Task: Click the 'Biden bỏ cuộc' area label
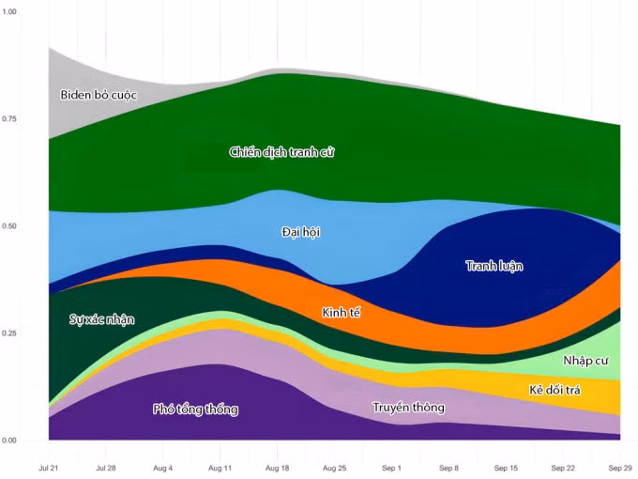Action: pyautogui.click(x=99, y=95)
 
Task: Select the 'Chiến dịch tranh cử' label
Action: pyautogui.click(x=281, y=152)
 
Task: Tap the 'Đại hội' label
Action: pyautogui.click(x=300, y=232)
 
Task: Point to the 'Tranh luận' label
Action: pyautogui.click(x=494, y=266)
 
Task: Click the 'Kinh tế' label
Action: pyautogui.click(x=341, y=313)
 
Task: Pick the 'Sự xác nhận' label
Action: pyautogui.click(x=101, y=319)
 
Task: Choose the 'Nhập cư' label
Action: pyautogui.click(x=585, y=361)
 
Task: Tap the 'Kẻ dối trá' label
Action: pyautogui.click(x=554, y=390)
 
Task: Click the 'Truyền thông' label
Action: pyautogui.click(x=408, y=408)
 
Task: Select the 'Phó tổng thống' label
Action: pyautogui.click(x=195, y=409)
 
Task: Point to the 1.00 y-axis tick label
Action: pyautogui.click(x=9, y=11)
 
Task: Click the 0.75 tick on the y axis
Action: pyautogui.click(x=9, y=118)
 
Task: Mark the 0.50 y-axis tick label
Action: pyautogui.click(x=9, y=225)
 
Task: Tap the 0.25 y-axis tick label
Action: pyautogui.click(x=9, y=332)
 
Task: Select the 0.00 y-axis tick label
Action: pyautogui.click(x=9, y=440)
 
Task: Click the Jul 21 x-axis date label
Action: pyautogui.click(x=49, y=468)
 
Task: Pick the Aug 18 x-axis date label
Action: pyautogui.click(x=277, y=468)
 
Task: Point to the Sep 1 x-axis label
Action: pyautogui.click(x=391, y=468)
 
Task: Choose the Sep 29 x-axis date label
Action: pyautogui.click(x=620, y=468)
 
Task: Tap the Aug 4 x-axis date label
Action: pyautogui.click(x=162, y=468)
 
